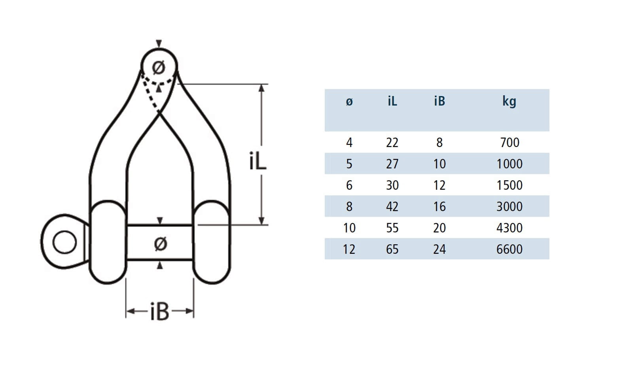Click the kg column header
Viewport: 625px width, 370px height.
pos(509,101)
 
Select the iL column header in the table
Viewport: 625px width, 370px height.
pos(392,101)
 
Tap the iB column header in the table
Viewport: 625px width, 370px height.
pos(439,101)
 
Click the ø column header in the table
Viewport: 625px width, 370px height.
pos(349,102)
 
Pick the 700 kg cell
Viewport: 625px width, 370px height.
pos(509,142)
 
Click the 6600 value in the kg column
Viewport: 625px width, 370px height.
pos(509,249)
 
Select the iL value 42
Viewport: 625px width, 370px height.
pos(392,206)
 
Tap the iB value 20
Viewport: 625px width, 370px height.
pos(439,228)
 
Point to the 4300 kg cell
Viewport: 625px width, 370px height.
pos(509,228)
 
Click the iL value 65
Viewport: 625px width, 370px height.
pos(392,249)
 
